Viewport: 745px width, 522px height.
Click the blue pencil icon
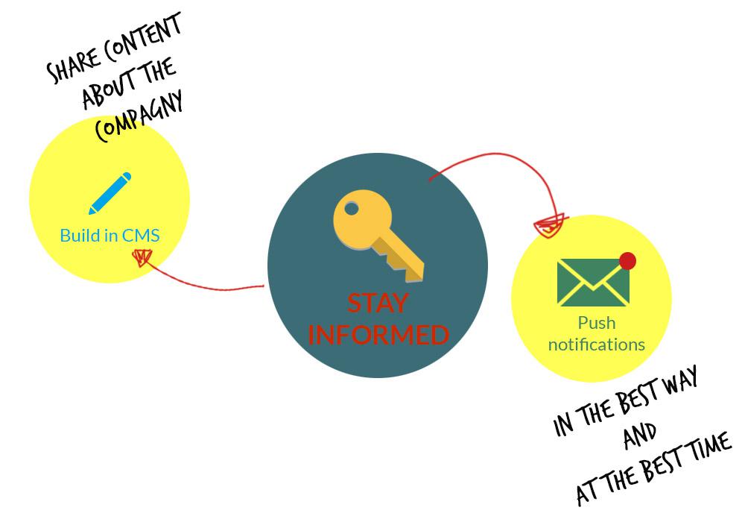(110, 194)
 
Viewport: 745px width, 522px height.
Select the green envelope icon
(593, 283)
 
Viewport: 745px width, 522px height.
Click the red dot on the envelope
(627, 261)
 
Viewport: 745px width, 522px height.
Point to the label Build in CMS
(110, 236)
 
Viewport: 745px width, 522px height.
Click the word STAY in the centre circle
(378, 304)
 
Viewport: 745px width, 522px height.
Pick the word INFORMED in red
(378, 335)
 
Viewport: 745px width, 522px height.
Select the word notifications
(596, 345)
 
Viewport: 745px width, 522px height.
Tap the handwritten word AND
(640, 435)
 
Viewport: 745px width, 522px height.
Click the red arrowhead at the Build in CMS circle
(141, 257)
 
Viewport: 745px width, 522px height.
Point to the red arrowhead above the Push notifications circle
(550, 224)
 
